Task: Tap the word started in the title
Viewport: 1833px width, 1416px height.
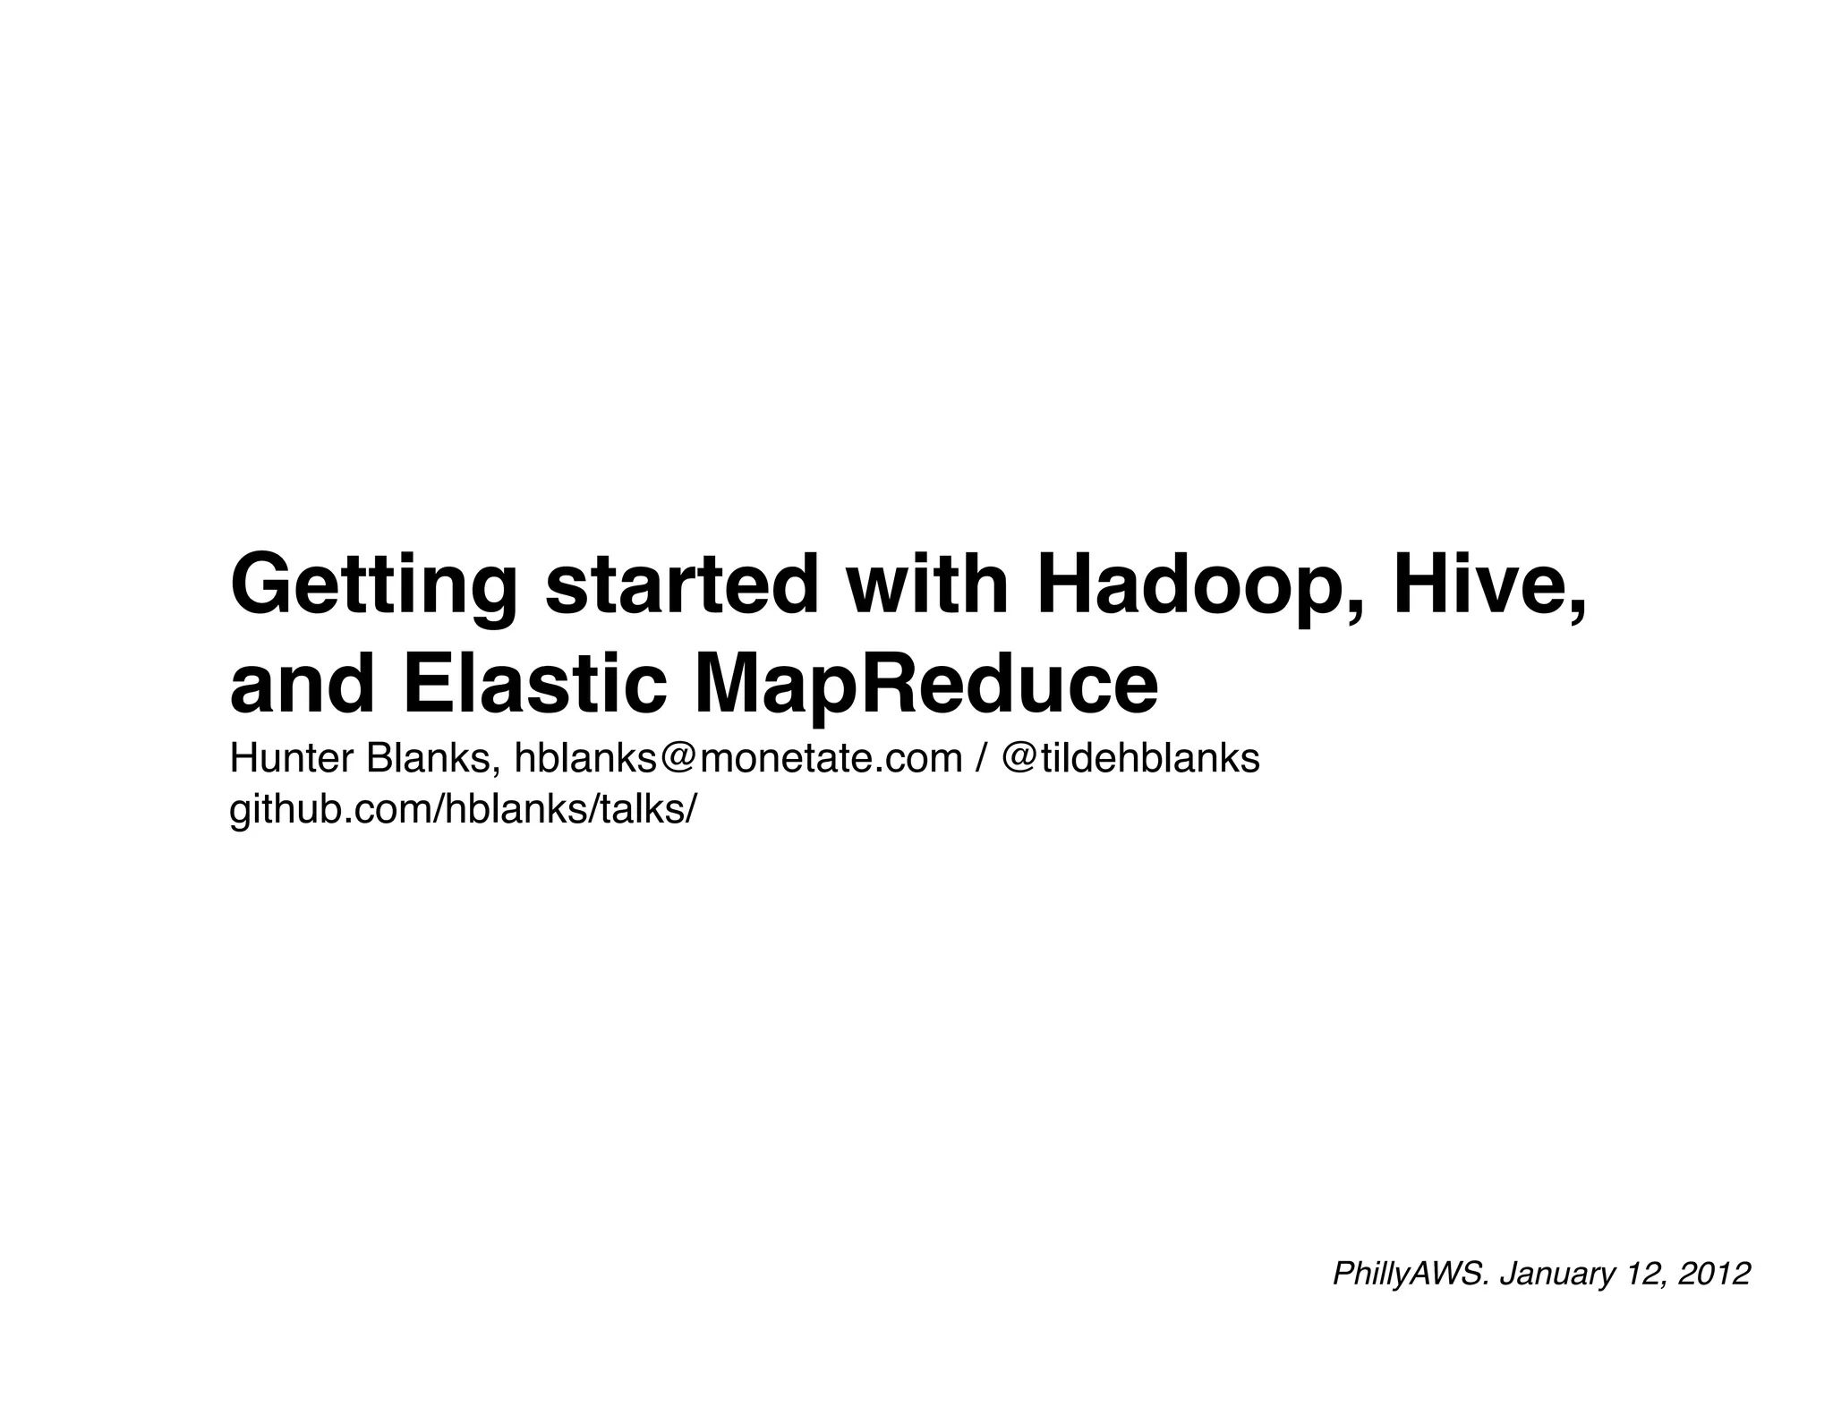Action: point(681,586)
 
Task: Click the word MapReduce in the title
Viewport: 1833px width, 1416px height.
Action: point(925,685)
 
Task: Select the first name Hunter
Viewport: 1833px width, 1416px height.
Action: point(292,759)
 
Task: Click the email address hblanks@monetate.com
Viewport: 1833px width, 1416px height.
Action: point(737,759)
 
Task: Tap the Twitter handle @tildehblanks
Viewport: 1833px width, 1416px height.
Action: point(1130,759)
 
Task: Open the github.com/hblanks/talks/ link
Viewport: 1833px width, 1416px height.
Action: point(462,810)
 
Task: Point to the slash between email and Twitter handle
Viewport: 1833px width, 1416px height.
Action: point(982,759)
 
